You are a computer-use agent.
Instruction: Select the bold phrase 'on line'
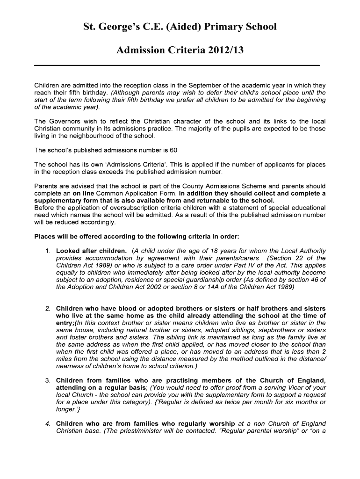coord(83,193)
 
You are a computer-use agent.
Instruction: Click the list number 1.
coord(48,251)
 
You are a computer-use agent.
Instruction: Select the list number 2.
coord(48,309)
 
